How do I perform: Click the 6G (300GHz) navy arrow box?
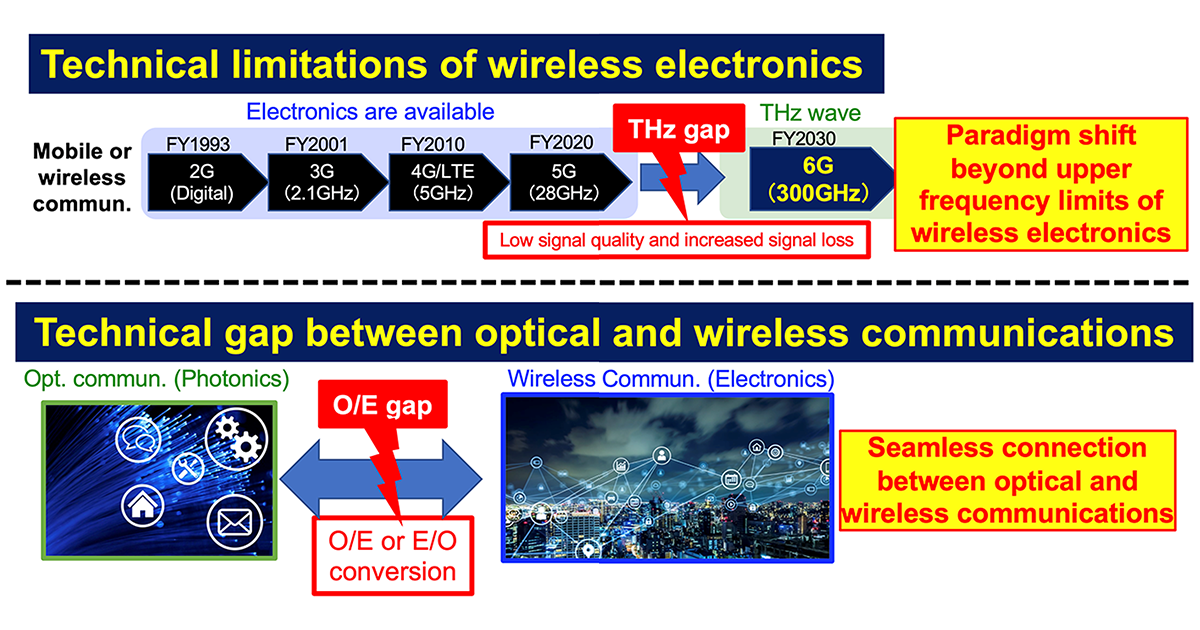pyautogui.click(x=821, y=179)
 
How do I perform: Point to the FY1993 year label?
pyautogui.click(x=198, y=144)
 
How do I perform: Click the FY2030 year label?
pyautogui.click(x=804, y=138)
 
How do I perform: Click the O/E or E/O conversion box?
pyautogui.click(x=393, y=556)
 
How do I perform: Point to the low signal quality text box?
pyautogui.click(x=676, y=240)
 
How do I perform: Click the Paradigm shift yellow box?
pyautogui.click(x=1040, y=184)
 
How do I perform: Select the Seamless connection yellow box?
pyautogui.click(x=1007, y=481)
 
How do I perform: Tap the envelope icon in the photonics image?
pyautogui.click(x=234, y=523)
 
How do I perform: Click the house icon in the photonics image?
pyautogui.click(x=142, y=506)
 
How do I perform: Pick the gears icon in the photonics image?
pyautogui.click(x=236, y=439)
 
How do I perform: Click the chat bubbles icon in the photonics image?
pyautogui.click(x=138, y=439)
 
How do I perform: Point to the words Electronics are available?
pyautogui.click(x=370, y=111)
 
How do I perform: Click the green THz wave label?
pyautogui.click(x=810, y=112)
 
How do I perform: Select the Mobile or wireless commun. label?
pyautogui.click(x=82, y=177)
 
